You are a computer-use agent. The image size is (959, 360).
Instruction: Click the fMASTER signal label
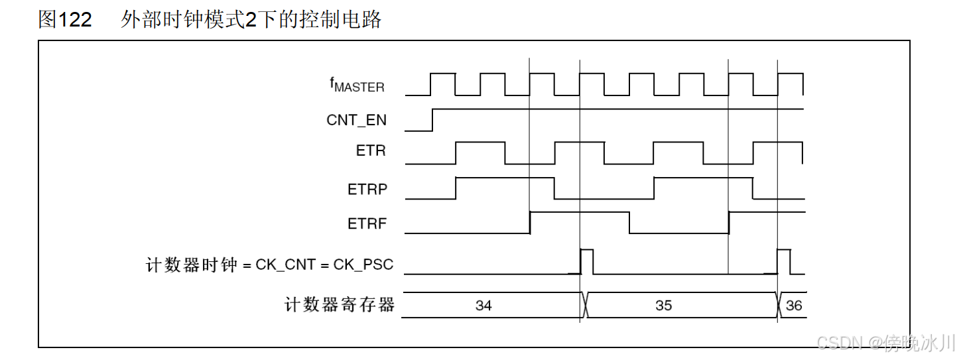[357, 86]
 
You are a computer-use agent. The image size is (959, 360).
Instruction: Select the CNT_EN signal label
[356, 120]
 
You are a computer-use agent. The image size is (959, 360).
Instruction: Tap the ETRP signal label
[367, 189]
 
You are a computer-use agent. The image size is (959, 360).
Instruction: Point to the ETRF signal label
[367, 224]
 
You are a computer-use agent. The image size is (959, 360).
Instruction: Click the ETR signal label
[371, 150]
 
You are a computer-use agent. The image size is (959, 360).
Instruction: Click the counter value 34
[483, 306]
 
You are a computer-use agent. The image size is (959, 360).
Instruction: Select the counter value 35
[663, 306]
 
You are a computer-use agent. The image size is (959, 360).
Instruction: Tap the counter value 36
[793, 306]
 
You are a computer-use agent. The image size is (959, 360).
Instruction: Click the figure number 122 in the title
[75, 20]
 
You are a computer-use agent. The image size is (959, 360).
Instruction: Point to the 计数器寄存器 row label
[340, 305]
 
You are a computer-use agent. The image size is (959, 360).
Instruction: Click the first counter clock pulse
[587, 261]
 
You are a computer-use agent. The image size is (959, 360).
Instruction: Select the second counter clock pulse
[784, 261]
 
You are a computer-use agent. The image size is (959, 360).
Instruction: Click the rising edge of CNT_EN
[432, 119]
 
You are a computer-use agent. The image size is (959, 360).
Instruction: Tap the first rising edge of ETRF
[530, 222]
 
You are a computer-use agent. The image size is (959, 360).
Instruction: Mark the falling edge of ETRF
[629, 222]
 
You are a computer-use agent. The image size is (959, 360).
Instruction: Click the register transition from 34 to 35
[583, 305]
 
